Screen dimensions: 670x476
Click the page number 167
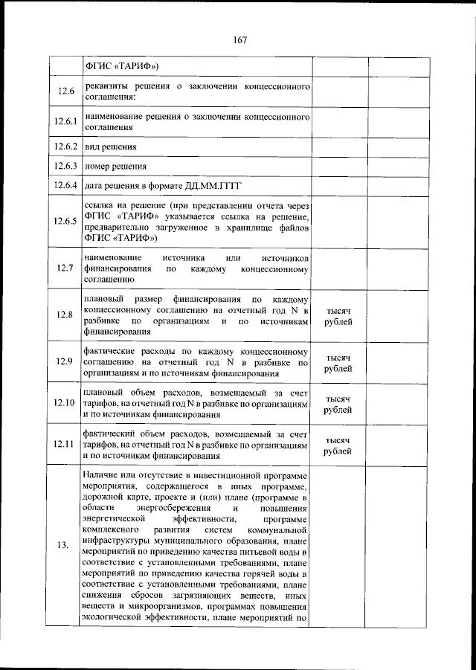(x=238, y=40)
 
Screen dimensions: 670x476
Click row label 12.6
(x=65, y=91)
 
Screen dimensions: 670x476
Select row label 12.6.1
(x=65, y=122)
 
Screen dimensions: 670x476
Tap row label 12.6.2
(x=65, y=146)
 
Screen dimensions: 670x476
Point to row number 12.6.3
(x=65, y=165)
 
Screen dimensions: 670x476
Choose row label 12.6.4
(x=65, y=184)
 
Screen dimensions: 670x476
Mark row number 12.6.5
(x=65, y=221)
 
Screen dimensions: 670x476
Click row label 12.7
(x=65, y=268)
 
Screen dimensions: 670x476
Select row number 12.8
(x=65, y=315)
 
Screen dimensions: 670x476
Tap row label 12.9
(x=65, y=362)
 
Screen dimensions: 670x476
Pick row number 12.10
(x=65, y=403)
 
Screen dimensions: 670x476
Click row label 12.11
(x=65, y=444)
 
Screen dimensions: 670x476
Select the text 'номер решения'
(x=115, y=166)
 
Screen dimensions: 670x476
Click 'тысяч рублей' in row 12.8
(x=338, y=316)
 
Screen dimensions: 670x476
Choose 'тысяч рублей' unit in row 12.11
(x=338, y=445)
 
